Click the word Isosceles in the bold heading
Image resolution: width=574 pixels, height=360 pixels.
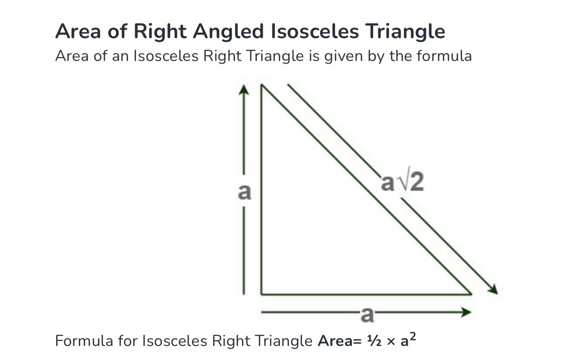pyautogui.click(x=315, y=31)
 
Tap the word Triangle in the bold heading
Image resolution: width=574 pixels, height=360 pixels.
pyautogui.click(x=405, y=32)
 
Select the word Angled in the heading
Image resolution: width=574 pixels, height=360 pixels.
pyautogui.click(x=228, y=32)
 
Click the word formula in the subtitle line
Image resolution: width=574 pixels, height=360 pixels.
pyautogui.click(x=444, y=56)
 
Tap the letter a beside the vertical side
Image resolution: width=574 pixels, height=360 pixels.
pyautogui.click(x=244, y=192)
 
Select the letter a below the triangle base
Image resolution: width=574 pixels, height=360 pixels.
pyautogui.click(x=367, y=315)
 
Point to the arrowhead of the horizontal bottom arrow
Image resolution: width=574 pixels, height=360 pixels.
pyautogui.click(x=467, y=312)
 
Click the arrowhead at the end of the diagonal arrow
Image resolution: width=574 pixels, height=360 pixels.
pyautogui.click(x=493, y=289)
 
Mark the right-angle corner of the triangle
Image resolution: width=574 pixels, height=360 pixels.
pyautogui.click(x=261, y=294)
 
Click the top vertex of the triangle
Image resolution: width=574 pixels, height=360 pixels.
pyautogui.click(x=261, y=85)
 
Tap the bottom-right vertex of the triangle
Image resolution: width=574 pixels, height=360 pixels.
pyautogui.click(x=471, y=294)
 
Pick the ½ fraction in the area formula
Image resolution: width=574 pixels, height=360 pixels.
pyautogui.click(x=374, y=341)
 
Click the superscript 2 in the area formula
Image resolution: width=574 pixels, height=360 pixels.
pyautogui.click(x=413, y=336)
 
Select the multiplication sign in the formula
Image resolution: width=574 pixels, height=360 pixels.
pyautogui.click(x=391, y=342)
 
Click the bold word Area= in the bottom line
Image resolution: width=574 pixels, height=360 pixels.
pyautogui.click(x=339, y=341)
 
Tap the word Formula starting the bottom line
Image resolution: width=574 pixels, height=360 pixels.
pyautogui.click(x=84, y=341)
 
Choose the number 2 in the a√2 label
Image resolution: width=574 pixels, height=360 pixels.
pyautogui.click(x=417, y=182)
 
